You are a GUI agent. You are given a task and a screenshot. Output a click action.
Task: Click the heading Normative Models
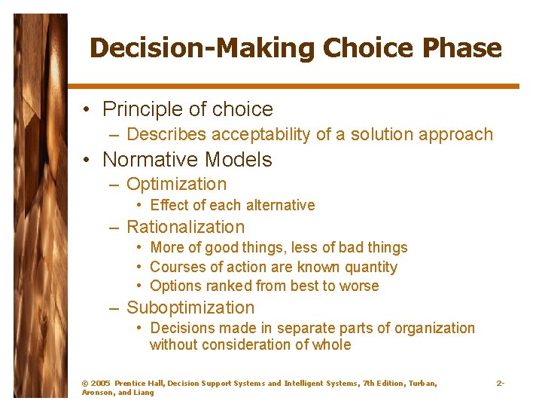(187, 160)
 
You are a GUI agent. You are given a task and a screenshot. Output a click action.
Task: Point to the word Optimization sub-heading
(176, 184)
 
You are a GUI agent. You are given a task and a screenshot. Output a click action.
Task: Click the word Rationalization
(185, 227)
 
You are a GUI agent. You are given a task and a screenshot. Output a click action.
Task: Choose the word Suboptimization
(190, 308)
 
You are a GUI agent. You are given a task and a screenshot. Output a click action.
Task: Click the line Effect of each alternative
(232, 205)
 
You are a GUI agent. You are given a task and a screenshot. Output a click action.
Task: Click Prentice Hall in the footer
(139, 384)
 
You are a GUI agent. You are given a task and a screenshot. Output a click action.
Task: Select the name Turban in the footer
(422, 384)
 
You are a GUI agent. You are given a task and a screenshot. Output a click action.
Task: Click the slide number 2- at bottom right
(500, 384)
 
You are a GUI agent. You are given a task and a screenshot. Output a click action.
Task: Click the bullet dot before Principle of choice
(87, 110)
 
